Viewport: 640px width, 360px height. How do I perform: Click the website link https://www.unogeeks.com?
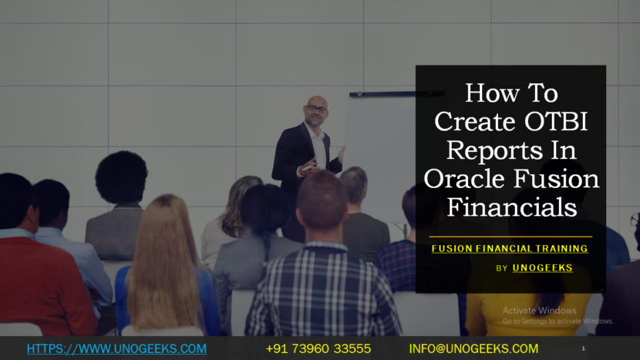click(x=116, y=348)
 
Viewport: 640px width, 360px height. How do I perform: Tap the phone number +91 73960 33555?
click(x=318, y=348)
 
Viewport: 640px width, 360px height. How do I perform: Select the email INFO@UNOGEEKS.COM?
click(x=473, y=348)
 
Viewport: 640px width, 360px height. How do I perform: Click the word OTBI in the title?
click(x=556, y=121)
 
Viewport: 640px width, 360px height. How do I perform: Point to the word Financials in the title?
click(x=512, y=207)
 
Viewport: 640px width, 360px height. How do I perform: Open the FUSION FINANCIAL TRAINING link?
click(x=510, y=248)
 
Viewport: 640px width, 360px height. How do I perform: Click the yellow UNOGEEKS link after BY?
click(x=542, y=267)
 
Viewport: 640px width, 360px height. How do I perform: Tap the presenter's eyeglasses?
click(x=316, y=109)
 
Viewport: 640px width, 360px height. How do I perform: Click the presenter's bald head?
click(x=317, y=101)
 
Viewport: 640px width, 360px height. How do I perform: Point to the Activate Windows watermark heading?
click(x=539, y=311)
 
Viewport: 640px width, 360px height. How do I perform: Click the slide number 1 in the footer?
click(x=583, y=348)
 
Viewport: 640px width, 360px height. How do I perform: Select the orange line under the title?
click(x=510, y=237)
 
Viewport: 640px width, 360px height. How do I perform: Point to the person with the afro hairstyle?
click(x=119, y=204)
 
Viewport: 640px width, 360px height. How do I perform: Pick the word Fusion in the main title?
click(x=556, y=178)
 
